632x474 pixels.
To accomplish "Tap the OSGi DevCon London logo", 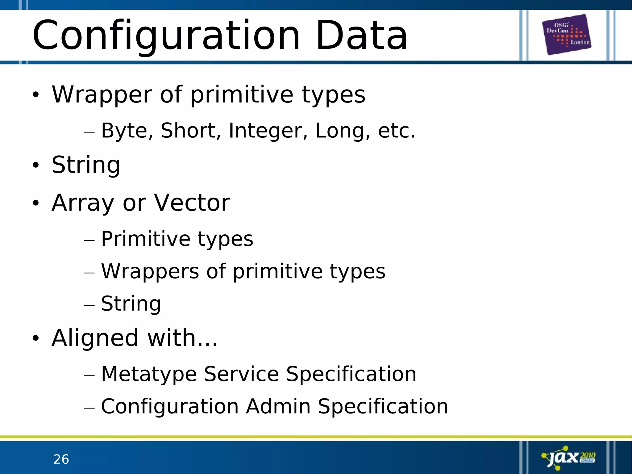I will tap(567, 34).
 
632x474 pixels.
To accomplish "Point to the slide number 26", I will tap(61, 459).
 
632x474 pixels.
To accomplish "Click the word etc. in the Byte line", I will tap(397, 131).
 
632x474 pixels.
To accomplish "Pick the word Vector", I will tap(192, 203).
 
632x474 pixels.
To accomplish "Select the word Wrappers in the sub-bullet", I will tap(150, 271).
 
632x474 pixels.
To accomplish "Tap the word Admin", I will tap(278, 406).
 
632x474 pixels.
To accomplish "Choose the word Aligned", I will tap(95, 338).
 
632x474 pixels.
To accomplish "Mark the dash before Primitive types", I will tap(89, 241).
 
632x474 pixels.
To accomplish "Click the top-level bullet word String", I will tap(86, 165).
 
